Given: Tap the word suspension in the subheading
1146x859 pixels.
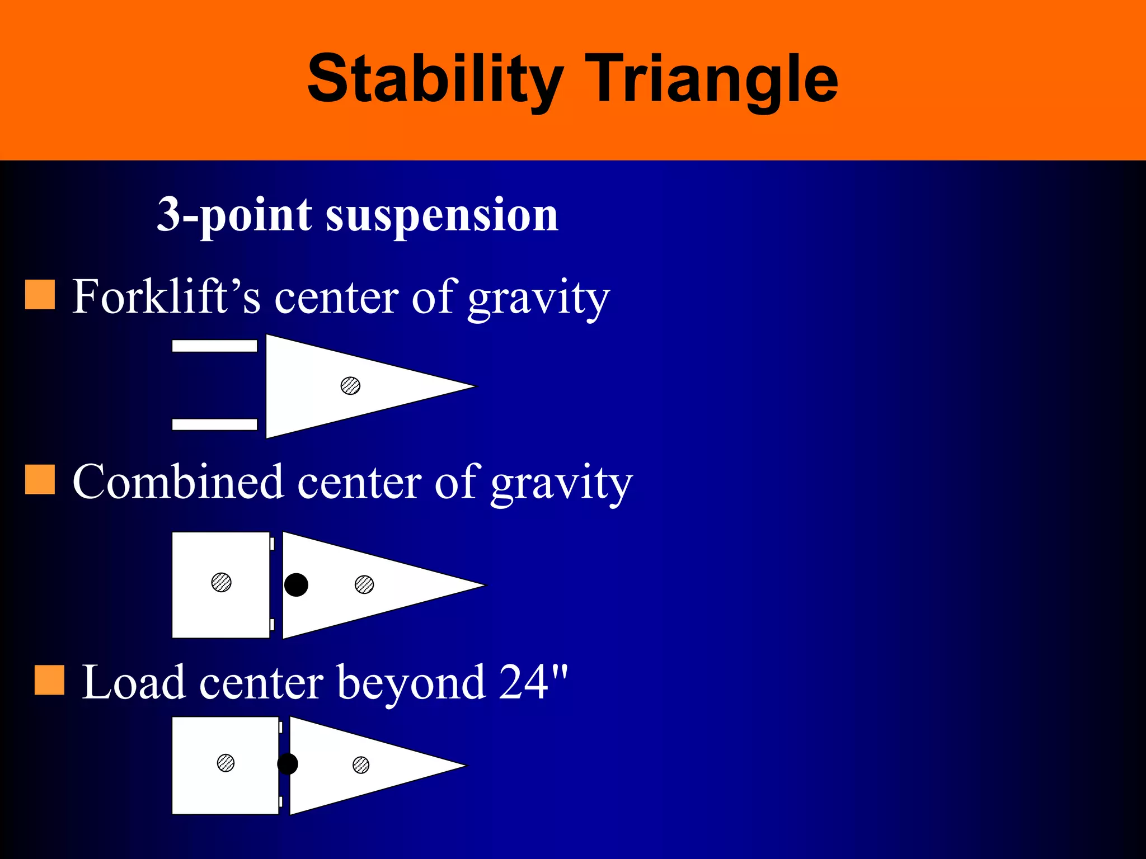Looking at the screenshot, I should (x=442, y=215).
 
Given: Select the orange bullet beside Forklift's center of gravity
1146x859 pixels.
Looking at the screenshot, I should (x=40, y=295).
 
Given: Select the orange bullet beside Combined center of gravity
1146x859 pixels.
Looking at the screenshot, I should (x=40, y=480).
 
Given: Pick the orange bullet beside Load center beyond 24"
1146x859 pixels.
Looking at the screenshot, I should (x=49, y=680).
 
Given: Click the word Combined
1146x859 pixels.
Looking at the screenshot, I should (x=178, y=482).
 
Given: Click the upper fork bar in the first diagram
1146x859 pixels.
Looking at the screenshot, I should (x=214, y=346).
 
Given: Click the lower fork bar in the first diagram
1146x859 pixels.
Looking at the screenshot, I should (x=214, y=424).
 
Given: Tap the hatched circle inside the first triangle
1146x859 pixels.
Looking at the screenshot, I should (x=350, y=385).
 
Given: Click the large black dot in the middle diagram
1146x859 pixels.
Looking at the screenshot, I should (x=296, y=585).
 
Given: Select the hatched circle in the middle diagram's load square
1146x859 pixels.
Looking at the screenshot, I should (x=221, y=582).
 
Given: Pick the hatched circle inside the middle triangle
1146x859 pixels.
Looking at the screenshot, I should (x=364, y=584).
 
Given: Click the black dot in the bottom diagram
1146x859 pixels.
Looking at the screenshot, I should (x=288, y=764).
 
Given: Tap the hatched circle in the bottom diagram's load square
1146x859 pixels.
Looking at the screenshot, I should (x=226, y=763).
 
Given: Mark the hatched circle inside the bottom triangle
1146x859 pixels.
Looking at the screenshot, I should (x=361, y=764).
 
